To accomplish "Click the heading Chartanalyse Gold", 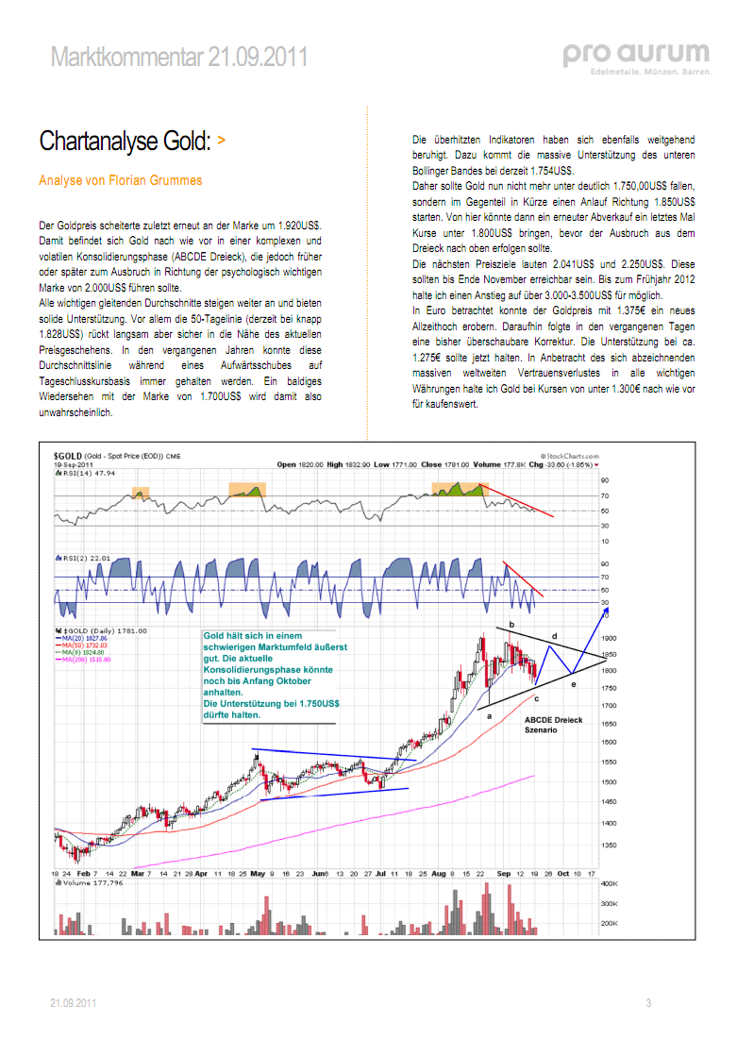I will pyautogui.click(x=124, y=142).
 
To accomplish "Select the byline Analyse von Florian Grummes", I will pyautogui.click(x=121, y=180).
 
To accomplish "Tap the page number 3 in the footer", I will pyautogui.click(x=648, y=1003).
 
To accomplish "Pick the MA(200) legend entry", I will pyautogui.click(x=86, y=660).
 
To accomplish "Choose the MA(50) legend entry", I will pyautogui.click(x=84, y=645).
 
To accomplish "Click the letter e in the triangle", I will pyautogui.click(x=574, y=684).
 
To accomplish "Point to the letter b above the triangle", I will pyautogui.click(x=511, y=625).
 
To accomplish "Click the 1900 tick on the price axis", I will pyautogui.click(x=609, y=638).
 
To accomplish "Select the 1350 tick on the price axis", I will pyautogui.click(x=609, y=845).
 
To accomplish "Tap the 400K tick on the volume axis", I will pyautogui.click(x=610, y=883).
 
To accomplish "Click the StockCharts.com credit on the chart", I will pyautogui.click(x=569, y=456).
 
